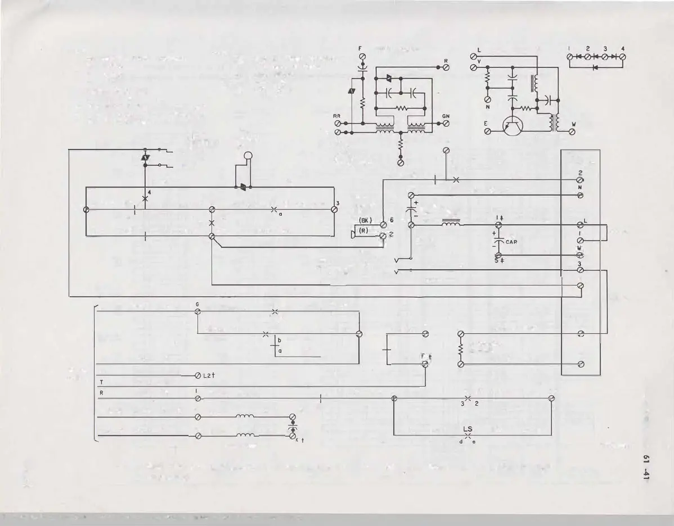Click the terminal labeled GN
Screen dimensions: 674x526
(x=446, y=124)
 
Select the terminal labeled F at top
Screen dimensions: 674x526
(x=363, y=57)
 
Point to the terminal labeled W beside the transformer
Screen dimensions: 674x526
(x=572, y=131)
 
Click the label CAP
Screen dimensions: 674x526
(x=511, y=242)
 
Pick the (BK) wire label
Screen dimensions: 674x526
(x=366, y=220)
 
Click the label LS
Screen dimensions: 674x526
(x=468, y=429)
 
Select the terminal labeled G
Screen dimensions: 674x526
(x=197, y=311)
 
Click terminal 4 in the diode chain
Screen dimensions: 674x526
(x=623, y=57)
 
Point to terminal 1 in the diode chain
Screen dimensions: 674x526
(x=570, y=57)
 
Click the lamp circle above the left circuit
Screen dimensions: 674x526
(x=248, y=157)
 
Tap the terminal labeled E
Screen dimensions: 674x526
(x=488, y=131)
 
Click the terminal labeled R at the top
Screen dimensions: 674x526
(x=446, y=67)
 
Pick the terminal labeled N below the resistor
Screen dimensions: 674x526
(x=488, y=99)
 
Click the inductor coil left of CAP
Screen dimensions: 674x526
(x=452, y=224)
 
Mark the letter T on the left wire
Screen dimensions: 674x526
(x=101, y=382)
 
